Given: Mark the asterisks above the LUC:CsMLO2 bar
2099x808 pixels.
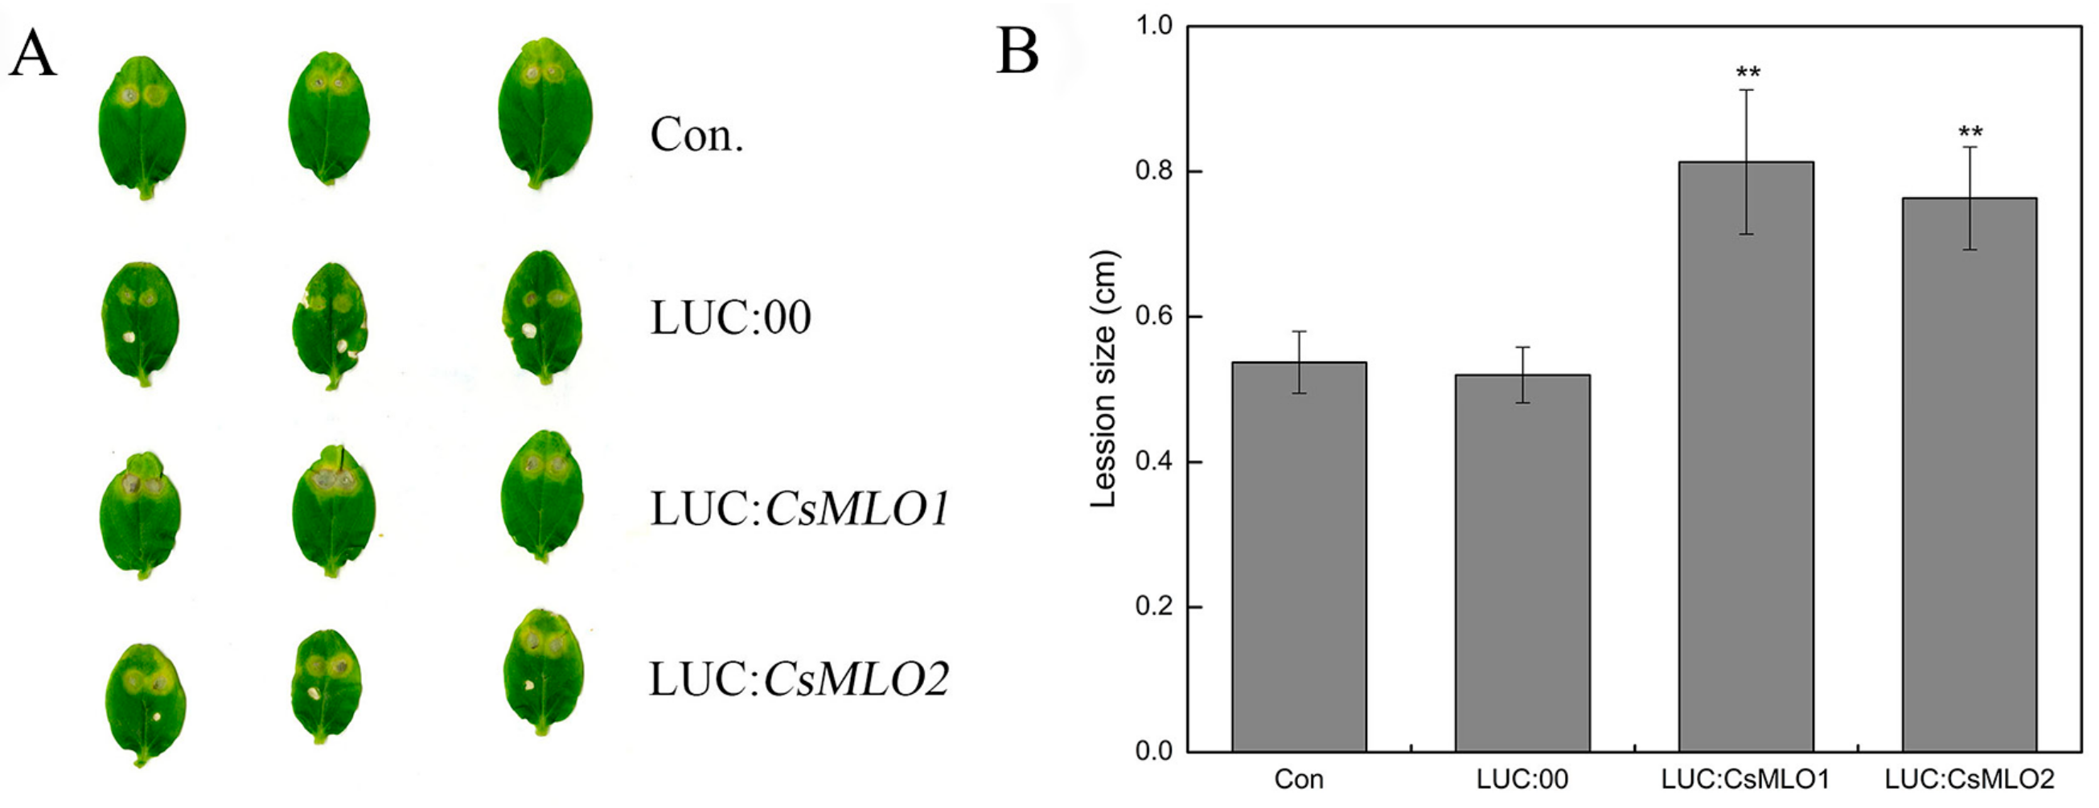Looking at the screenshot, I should click(1970, 132).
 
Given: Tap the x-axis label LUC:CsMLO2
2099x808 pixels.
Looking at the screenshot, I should click(1970, 780).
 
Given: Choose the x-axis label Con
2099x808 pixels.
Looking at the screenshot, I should click(1299, 780).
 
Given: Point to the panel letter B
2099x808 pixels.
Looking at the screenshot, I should click(1017, 51).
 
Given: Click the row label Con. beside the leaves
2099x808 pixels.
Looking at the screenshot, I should click(696, 135).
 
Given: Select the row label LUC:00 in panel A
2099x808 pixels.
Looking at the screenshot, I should click(730, 318).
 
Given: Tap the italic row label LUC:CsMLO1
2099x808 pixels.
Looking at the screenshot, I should click(799, 510).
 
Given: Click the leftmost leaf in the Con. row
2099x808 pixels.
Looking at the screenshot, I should click(142, 126).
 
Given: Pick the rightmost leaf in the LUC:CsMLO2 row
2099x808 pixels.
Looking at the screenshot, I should click(544, 672).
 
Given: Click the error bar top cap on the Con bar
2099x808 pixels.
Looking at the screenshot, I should click(1299, 331).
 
